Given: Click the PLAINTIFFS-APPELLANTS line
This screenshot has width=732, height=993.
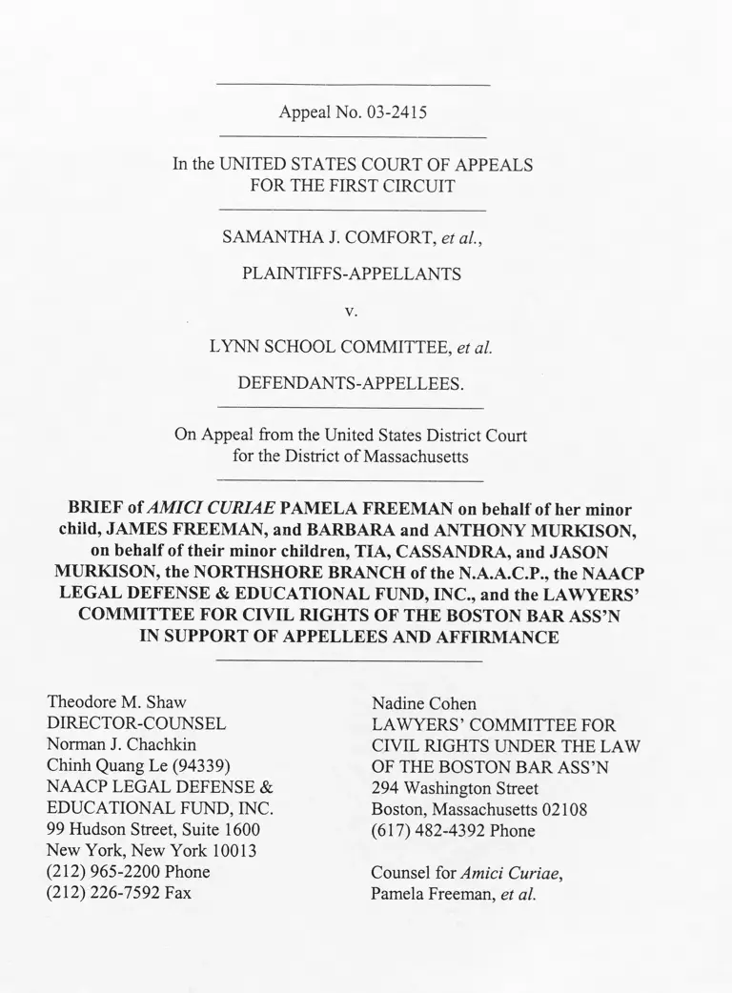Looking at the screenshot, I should click(352, 274).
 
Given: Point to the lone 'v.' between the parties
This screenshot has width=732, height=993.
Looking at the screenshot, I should click(352, 311).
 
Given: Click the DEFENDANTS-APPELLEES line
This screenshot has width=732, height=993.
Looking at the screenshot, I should click(351, 384).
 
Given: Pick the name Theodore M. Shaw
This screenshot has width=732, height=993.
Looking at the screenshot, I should click(116, 703).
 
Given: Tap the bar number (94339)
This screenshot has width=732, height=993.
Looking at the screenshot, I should click(201, 766).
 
